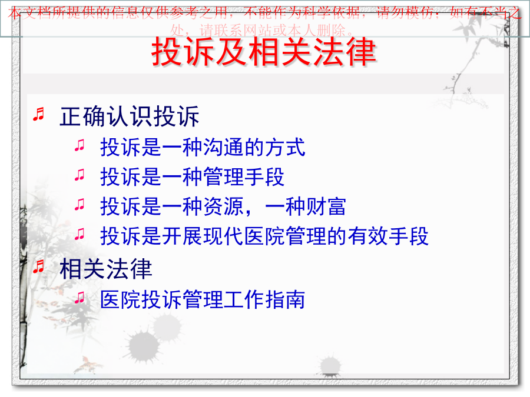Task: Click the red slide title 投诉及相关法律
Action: pos(264,52)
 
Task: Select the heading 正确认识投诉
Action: pos(130,116)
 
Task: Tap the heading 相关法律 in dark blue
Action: pos(106,269)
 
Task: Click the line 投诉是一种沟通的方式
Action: pos(203,147)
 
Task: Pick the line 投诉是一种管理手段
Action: pos(193,176)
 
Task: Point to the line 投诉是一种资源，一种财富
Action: pos(223,206)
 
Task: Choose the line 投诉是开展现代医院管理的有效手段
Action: pos(264,236)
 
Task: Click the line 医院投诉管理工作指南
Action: pos(203,299)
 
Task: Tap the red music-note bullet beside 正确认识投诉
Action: pos(38,114)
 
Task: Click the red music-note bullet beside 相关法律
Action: pos(38,266)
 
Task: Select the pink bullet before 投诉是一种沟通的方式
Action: pos(79,145)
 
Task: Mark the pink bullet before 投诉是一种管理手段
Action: pos(79,175)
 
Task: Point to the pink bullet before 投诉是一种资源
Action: pos(79,204)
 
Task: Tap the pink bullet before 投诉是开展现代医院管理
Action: pos(79,233)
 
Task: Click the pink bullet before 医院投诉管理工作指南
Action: pos(79,298)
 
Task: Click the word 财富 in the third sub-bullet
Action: pos(326,206)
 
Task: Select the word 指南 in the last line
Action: pos(285,299)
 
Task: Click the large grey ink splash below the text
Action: pos(144,345)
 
